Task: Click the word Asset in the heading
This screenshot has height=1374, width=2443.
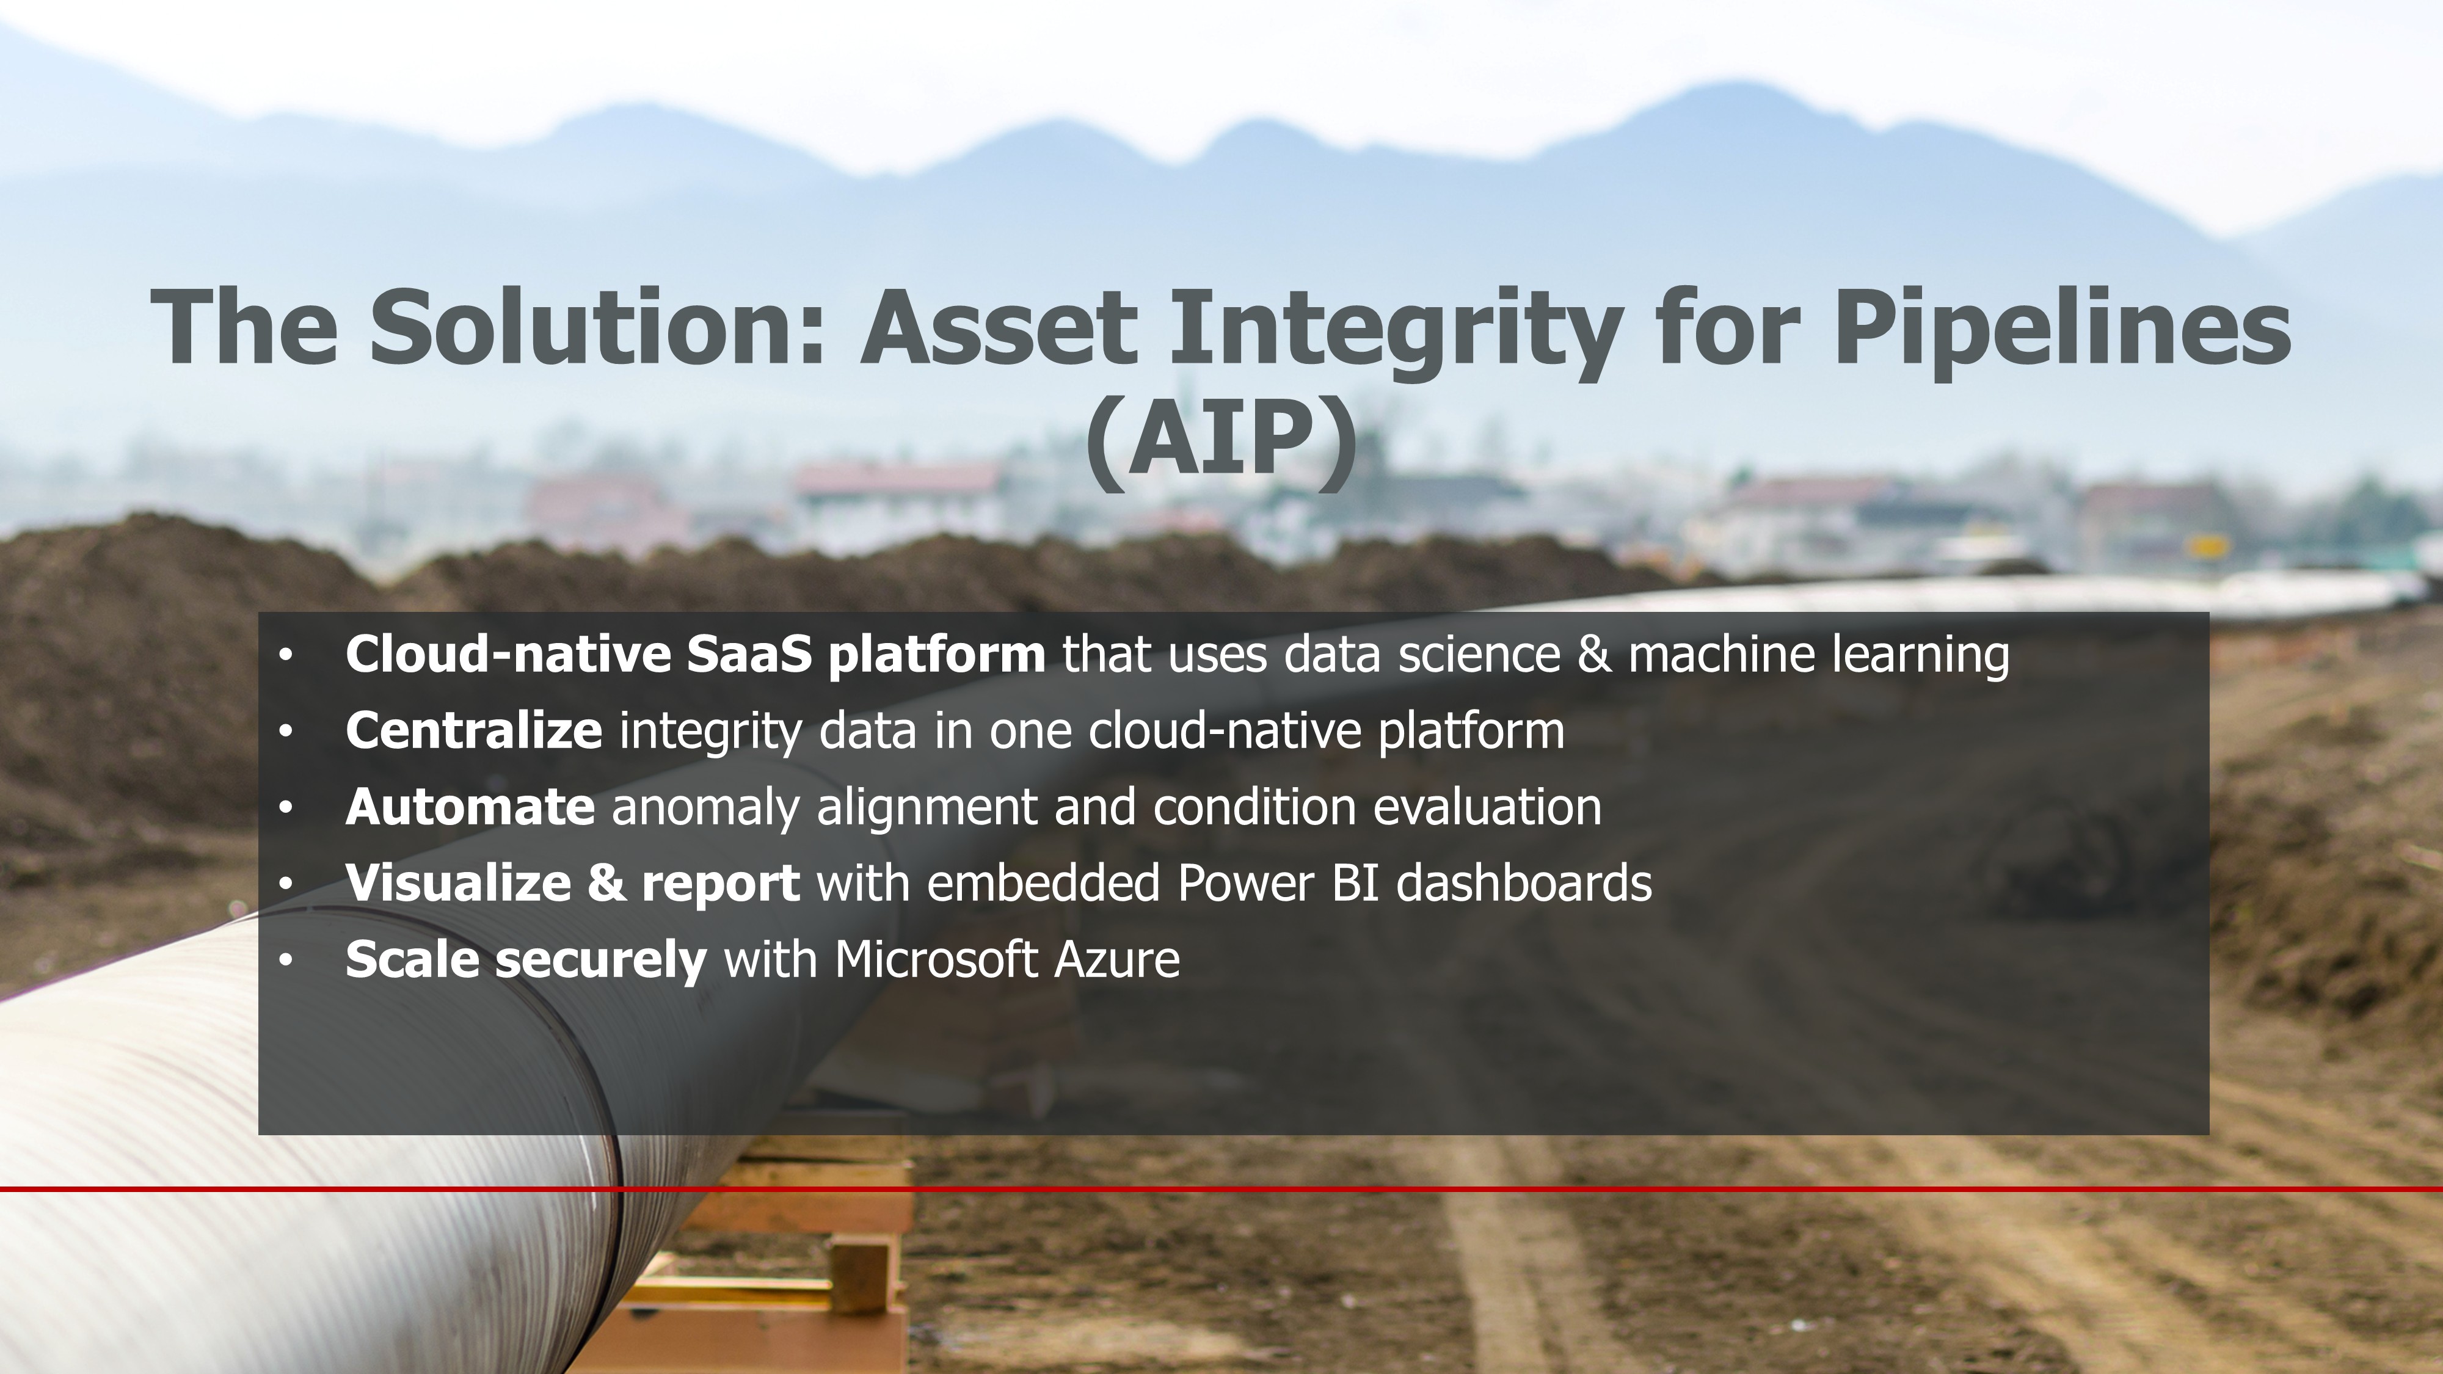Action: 998,328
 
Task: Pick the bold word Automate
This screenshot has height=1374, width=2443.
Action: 470,807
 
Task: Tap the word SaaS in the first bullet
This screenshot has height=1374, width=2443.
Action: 749,654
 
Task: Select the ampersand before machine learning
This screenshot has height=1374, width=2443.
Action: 1594,654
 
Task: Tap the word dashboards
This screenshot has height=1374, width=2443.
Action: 1524,883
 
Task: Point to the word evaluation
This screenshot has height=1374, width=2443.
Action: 1487,807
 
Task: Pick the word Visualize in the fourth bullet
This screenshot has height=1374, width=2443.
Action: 458,883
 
